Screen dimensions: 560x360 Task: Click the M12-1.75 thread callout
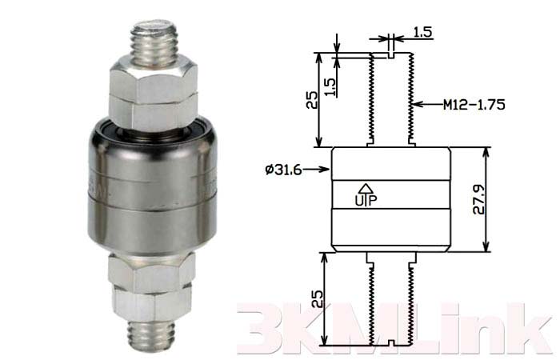tap(474, 105)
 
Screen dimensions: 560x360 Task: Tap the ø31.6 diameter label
tap(283, 170)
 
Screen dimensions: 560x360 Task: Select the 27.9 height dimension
tap(478, 199)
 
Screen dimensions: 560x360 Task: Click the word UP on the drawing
tap(366, 200)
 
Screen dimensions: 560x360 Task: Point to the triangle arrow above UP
tap(365, 188)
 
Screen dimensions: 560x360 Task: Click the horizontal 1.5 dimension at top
tap(423, 33)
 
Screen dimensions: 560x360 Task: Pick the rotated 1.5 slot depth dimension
tap(331, 86)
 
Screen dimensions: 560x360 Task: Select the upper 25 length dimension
tap(311, 100)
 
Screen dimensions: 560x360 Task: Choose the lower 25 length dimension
tap(317, 298)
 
